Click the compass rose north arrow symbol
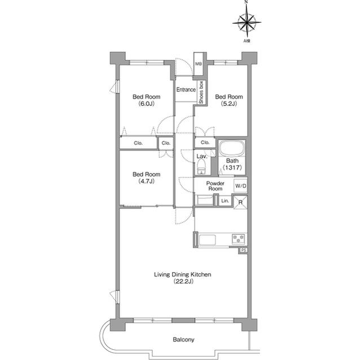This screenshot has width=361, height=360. (x=246, y=23)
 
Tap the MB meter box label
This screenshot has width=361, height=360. (x=198, y=64)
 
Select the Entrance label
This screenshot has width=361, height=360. (x=186, y=90)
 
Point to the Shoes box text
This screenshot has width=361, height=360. (x=201, y=92)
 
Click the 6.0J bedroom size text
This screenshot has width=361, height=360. (x=147, y=104)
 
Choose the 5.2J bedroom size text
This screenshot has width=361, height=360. (x=229, y=104)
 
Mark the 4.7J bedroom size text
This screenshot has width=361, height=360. (x=147, y=181)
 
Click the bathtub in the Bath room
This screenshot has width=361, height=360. (x=231, y=148)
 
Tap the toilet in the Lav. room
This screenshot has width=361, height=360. (x=201, y=167)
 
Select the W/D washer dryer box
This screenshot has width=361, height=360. (x=241, y=186)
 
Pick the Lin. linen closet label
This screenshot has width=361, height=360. (x=225, y=201)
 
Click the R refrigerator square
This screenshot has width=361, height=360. (x=241, y=202)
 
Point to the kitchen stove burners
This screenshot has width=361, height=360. (x=238, y=239)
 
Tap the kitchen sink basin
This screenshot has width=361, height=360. (x=207, y=240)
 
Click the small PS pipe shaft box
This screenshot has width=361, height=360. (x=243, y=250)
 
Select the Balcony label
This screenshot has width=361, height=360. (x=183, y=340)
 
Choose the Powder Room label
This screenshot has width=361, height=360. (x=215, y=186)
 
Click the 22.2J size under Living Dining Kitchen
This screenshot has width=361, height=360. (x=183, y=281)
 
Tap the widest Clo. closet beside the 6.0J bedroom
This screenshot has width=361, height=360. (x=138, y=143)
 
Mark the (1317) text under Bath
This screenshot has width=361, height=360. (x=232, y=167)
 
